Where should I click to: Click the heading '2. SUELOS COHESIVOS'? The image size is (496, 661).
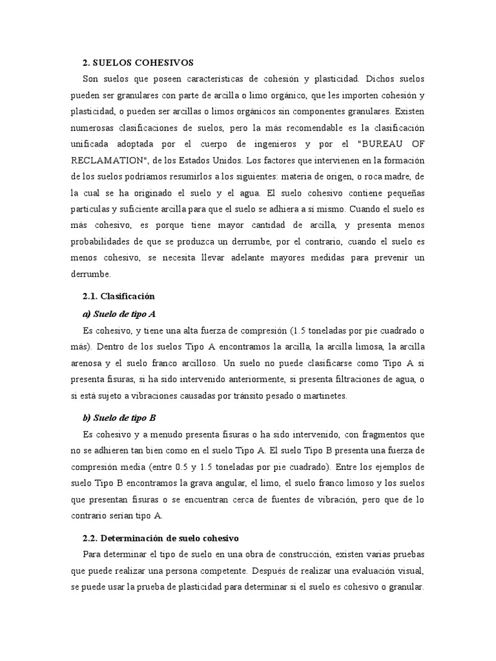tap(138, 62)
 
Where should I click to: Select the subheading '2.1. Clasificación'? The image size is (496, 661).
tap(119, 296)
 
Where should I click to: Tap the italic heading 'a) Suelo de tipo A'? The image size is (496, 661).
tap(119, 314)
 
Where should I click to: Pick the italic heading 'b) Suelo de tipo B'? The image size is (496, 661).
tap(120, 418)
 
